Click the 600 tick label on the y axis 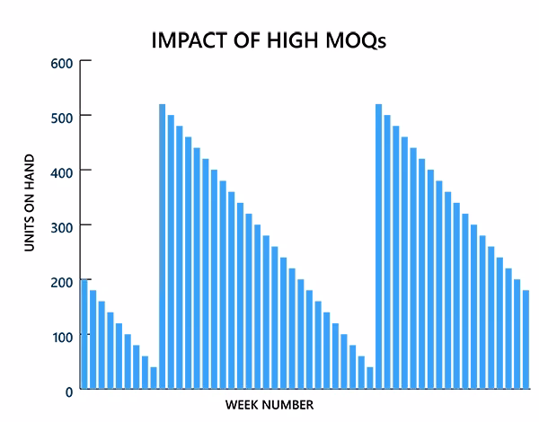(61, 62)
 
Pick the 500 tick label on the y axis (61, 117)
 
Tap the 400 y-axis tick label (61, 171)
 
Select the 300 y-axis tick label (61, 226)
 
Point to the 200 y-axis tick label (61, 282)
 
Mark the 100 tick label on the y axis (61, 336)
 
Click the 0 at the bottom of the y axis (68, 391)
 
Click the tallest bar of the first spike (162, 247)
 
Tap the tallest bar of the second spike (378, 247)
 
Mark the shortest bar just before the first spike (154, 378)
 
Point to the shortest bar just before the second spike (369, 378)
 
